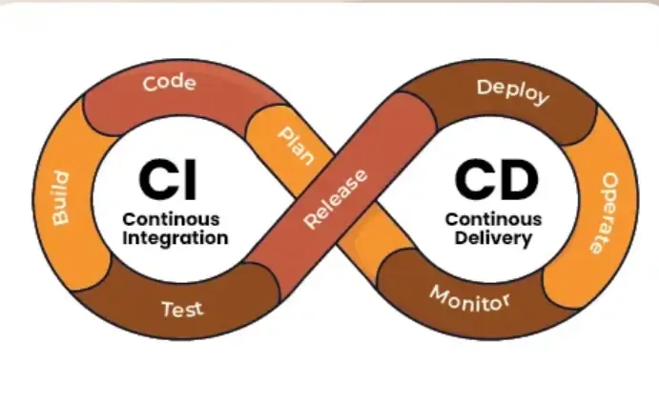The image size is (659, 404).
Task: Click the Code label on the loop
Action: coord(169,83)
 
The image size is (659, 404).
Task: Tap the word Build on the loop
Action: coord(60,197)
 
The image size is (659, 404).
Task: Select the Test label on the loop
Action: coord(182,309)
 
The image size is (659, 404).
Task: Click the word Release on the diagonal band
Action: coord(335,199)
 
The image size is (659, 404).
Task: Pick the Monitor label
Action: coord(469,301)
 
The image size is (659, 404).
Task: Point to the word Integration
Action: coord(175,237)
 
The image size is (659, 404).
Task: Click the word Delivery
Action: coord(494,238)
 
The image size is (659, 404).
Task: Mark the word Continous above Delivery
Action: coord(494,219)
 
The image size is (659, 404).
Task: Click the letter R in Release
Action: coord(312,224)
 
